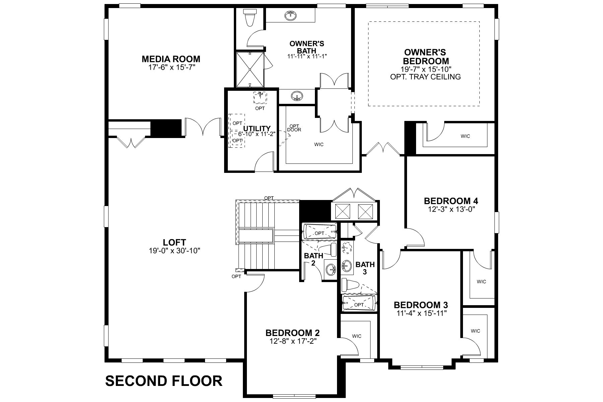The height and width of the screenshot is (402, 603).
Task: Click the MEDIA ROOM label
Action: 171,59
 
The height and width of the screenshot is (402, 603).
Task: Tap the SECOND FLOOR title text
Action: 164,381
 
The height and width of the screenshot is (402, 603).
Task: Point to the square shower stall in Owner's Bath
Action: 250,69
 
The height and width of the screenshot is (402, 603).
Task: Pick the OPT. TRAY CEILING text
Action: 425,77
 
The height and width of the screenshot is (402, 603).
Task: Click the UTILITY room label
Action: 257,128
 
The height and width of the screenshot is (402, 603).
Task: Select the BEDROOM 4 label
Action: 451,201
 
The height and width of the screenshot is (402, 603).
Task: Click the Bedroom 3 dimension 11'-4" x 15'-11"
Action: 420,313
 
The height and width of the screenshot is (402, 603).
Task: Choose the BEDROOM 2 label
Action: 292,333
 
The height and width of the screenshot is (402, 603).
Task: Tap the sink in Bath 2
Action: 331,268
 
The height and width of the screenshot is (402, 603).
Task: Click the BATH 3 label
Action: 365,268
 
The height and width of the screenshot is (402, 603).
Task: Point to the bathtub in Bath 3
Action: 359,304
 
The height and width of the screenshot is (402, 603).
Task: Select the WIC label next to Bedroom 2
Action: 357,336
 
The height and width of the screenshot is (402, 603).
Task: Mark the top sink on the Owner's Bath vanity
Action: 290,15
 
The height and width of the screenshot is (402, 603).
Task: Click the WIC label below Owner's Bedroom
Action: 465,136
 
